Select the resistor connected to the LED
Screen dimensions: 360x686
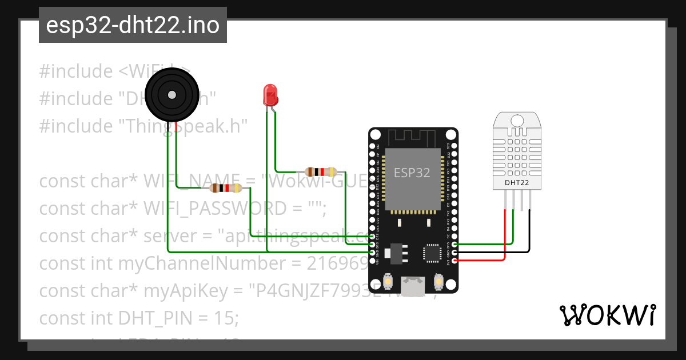[x=321, y=171]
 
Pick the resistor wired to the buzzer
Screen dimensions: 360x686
[x=225, y=188]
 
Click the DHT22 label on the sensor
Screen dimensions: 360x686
[x=516, y=183]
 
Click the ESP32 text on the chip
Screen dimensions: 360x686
[x=412, y=173]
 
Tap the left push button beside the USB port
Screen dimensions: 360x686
[x=388, y=282]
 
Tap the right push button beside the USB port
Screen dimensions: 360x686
[x=439, y=282]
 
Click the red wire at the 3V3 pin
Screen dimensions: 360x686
[x=480, y=261]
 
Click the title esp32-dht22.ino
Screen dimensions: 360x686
[x=133, y=25]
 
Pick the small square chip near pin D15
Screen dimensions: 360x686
[x=432, y=254]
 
